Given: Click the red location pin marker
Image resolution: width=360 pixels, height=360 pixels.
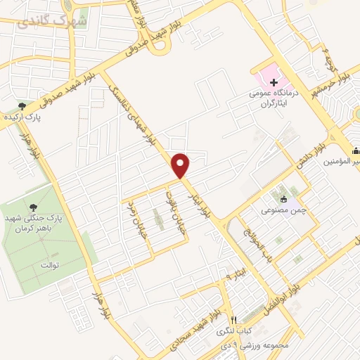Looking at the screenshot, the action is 181,165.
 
